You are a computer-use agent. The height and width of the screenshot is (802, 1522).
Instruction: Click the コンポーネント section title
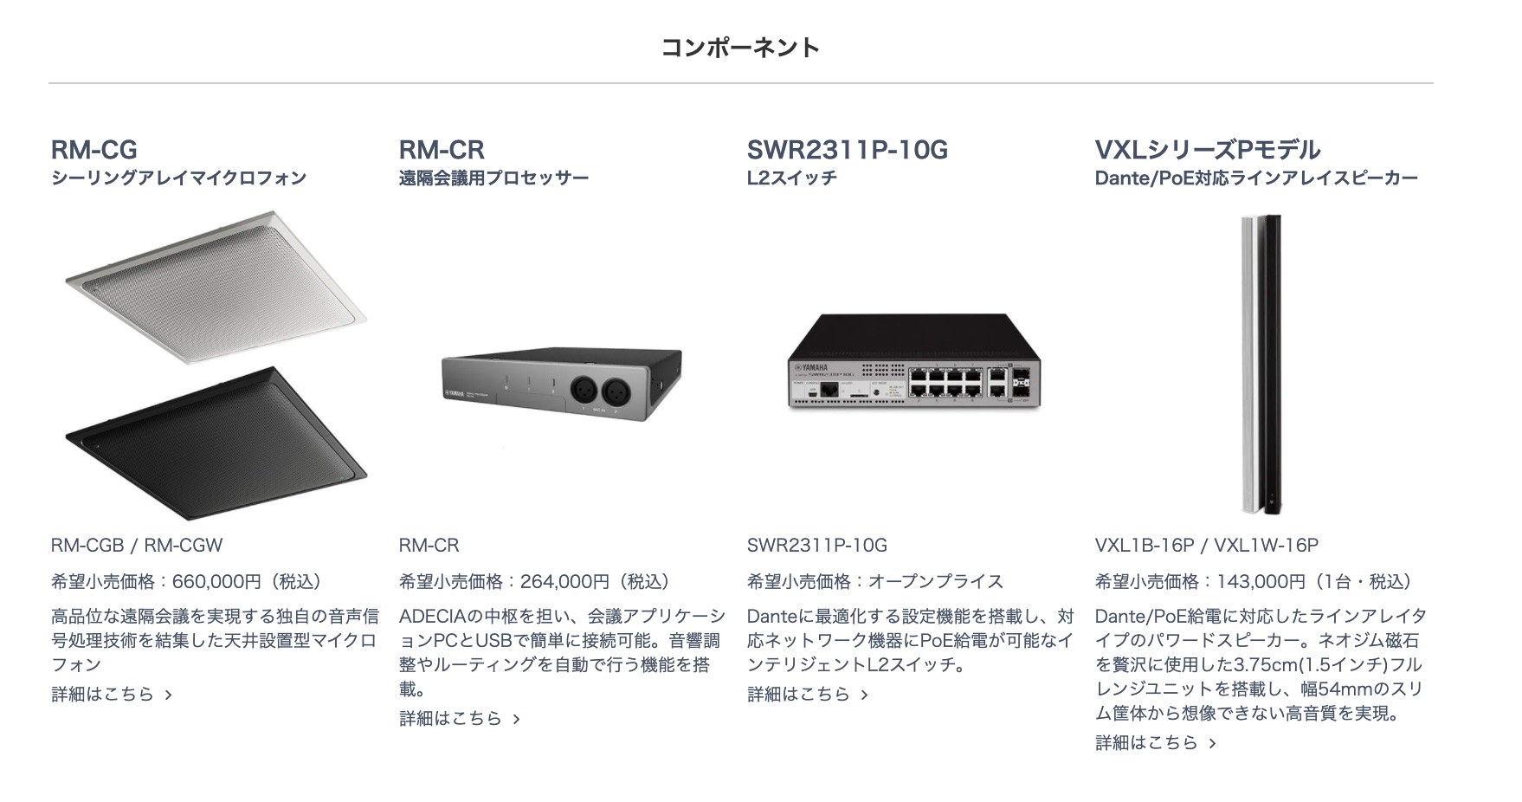pos(740,47)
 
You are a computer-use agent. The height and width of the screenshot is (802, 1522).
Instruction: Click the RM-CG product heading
pos(94,150)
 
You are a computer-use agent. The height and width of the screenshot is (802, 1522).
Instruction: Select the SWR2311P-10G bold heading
pos(847,150)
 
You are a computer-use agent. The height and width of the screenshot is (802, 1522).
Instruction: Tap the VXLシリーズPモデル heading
pos(1207,150)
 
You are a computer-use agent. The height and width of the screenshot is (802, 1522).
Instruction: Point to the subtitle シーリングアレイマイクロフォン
pos(178,178)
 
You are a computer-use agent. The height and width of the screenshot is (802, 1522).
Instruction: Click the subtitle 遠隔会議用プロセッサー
pos(493,178)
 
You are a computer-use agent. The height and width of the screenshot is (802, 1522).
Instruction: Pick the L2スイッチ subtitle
pos(791,178)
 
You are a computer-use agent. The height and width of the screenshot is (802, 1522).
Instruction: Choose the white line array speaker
pos(1249,364)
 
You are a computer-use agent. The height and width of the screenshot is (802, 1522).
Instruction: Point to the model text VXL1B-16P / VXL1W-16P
pos(1206,545)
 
